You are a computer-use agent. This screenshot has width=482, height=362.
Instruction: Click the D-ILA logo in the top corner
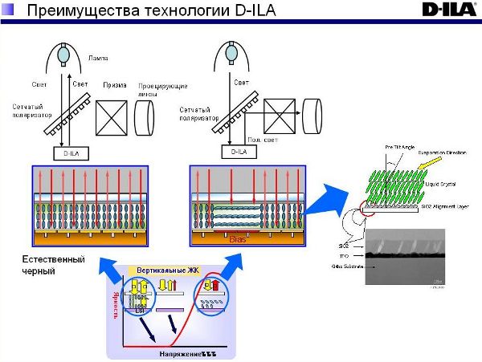[448, 10]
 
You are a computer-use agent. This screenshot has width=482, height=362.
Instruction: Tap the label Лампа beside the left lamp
[97, 58]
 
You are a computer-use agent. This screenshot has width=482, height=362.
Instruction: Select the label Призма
[115, 84]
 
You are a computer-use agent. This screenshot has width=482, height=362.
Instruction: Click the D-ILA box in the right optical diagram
[237, 150]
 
